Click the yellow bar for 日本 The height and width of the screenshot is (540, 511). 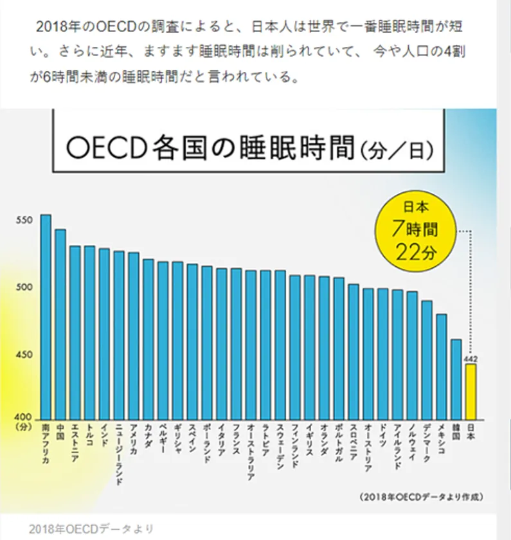(471, 392)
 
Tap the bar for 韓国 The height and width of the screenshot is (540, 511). (456, 379)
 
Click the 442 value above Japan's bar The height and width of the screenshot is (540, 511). (471, 359)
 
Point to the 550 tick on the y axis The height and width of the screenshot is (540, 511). (24, 221)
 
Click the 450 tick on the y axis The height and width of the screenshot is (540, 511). (24, 355)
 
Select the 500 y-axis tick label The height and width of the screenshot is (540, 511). (24, 288)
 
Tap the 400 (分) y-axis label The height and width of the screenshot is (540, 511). (24, 421)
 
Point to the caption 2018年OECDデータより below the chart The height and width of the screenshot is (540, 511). (91, 528)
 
